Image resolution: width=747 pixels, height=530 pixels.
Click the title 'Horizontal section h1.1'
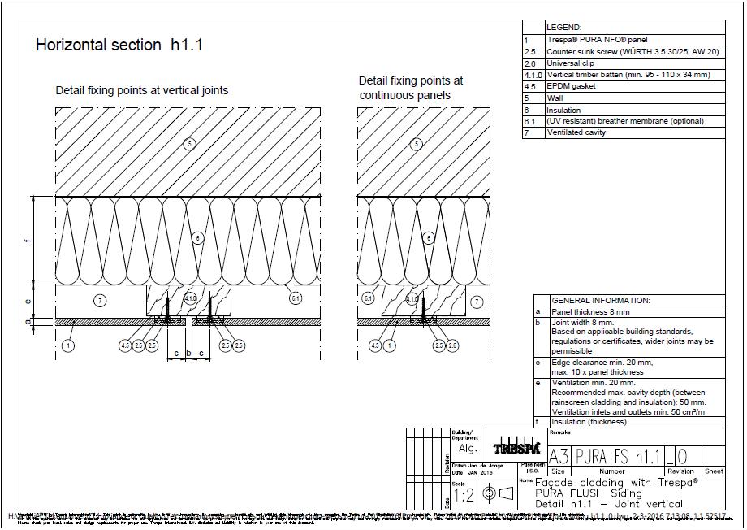(119, 46)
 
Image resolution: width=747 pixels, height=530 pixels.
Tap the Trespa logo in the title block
(516, 448)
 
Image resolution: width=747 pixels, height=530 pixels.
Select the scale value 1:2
(463, 495)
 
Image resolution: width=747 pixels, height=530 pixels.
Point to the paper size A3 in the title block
(559, 456)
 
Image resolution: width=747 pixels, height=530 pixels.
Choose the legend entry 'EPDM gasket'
(571, 86)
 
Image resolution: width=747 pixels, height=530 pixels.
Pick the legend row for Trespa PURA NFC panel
(585, 40)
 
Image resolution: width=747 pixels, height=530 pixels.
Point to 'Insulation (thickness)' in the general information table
(589, 422)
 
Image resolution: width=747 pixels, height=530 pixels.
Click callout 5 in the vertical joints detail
(189, 145)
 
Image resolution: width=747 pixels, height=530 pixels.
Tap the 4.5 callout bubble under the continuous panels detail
(374, 346)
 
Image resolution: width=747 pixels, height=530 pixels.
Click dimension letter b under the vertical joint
(188, 354)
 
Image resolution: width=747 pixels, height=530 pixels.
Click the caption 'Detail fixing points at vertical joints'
(141, 90)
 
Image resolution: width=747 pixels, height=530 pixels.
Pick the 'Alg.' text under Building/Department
(468, 448)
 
